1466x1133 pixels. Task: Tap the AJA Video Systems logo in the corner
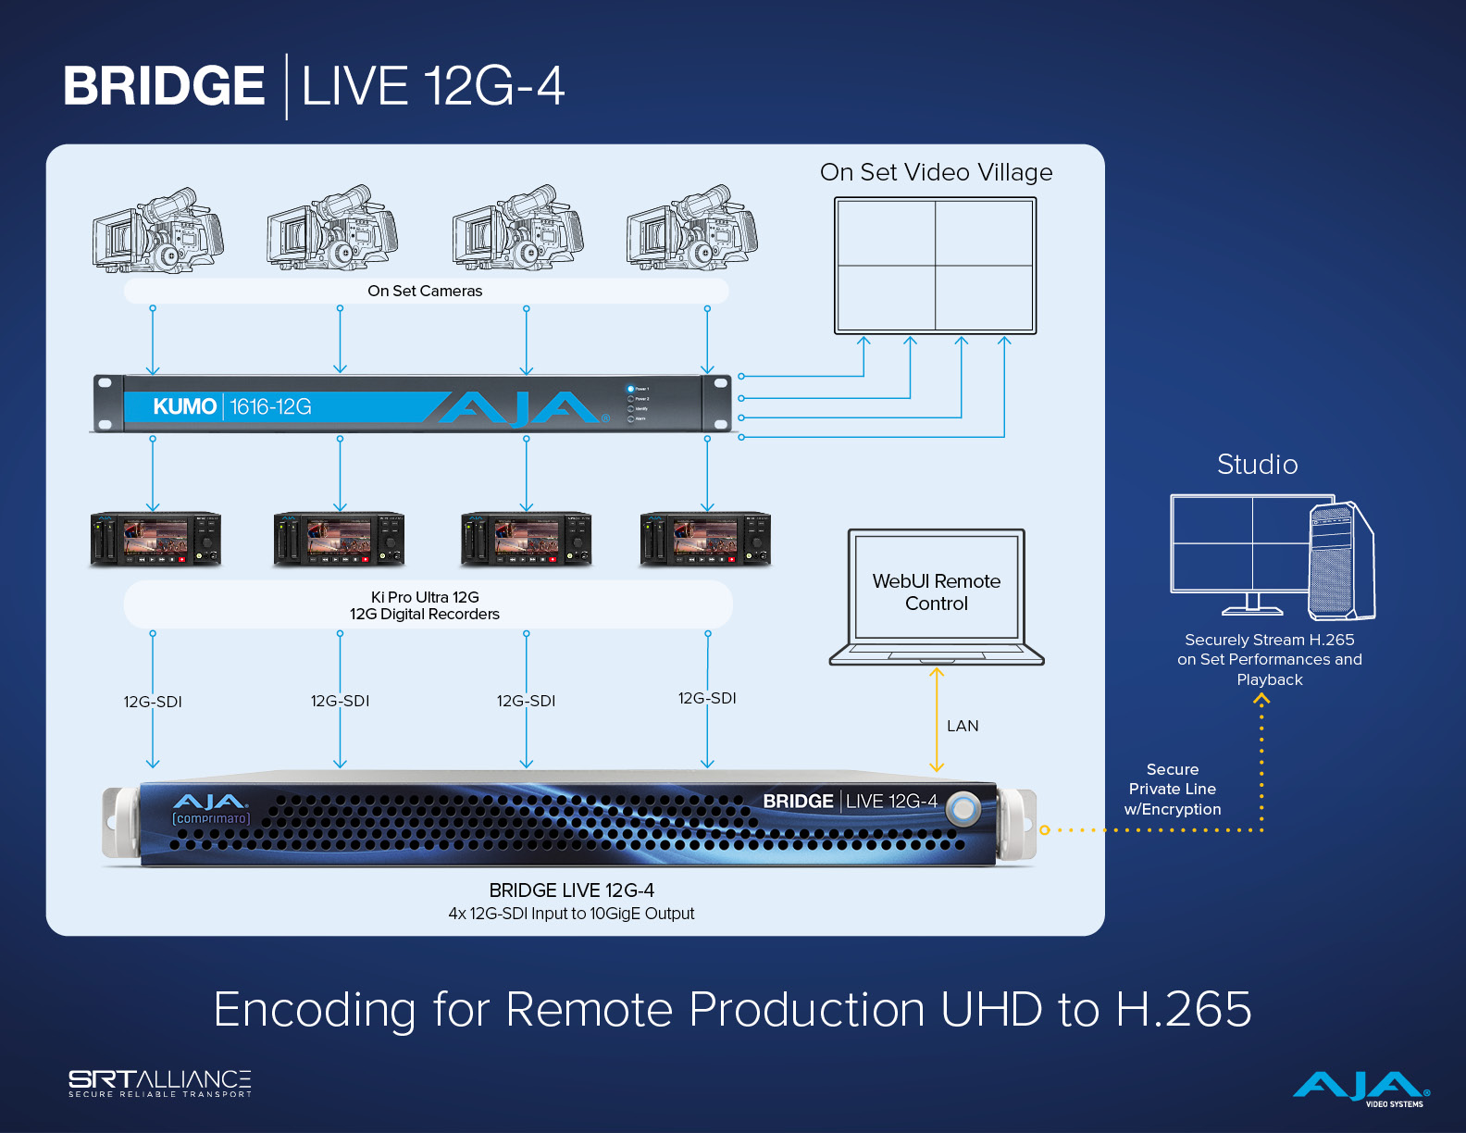[1360, 1089]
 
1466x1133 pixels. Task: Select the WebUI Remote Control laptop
[937, 596]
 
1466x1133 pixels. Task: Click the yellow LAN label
[963, 727]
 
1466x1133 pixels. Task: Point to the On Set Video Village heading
[936, 173]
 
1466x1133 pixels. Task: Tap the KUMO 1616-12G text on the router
[232, 406]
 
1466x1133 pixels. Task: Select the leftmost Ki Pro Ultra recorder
[155, 539]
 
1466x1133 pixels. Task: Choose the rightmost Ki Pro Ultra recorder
[705, 539]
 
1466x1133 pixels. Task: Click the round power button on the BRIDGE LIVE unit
[963, 809]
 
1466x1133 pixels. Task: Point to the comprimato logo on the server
[211, 818]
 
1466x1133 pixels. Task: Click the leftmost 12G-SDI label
[153, 703]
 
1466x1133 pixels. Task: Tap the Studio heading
[1257, 465]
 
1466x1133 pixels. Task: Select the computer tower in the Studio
[1341, 561]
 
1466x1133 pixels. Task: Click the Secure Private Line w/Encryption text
[1173, 790]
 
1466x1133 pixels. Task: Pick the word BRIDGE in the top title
[164, 86]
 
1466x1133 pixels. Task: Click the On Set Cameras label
[425, 292]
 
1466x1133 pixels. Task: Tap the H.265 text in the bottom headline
[1184, 1009]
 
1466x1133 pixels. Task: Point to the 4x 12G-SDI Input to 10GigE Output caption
[571, 914]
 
